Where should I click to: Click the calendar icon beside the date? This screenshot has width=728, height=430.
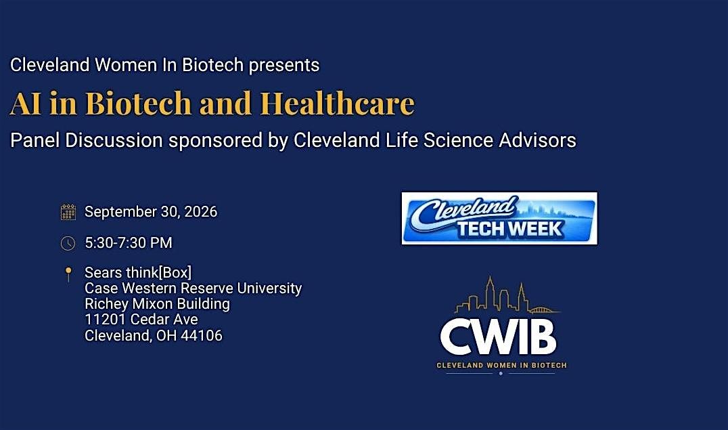click(x=68, y=212)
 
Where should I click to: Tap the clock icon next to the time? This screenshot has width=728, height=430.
click(x=68, y=243)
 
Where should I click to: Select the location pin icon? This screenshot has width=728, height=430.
click(x=68, y=274)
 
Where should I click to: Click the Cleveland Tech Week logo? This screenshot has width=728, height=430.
click(x=499, y=218)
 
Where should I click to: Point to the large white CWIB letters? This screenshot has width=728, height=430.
click(x=498, y=337)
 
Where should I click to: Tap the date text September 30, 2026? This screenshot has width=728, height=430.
click(x=151, y=212)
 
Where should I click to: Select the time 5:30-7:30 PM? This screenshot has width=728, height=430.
click(x=128, y=242)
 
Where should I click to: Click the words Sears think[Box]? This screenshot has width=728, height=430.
click(x=138, y=272)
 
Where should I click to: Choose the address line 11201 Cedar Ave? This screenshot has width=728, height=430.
click(x=141, y=320)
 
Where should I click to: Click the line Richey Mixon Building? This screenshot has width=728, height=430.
click(x=157, y=304)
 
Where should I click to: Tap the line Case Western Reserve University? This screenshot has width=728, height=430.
click(x=193, y=288)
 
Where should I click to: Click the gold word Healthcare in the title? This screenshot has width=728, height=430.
click(x=337, y=103)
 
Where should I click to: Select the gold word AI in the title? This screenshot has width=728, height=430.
click(x=26, y=104)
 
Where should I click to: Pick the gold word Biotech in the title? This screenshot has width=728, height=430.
click(x=138, y=103)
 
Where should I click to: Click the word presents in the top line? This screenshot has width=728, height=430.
click(x=284, y=66)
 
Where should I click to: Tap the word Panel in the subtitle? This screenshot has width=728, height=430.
click(x=35, y=140)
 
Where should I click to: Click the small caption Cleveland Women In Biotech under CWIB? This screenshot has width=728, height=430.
click(x=501, y=366)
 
